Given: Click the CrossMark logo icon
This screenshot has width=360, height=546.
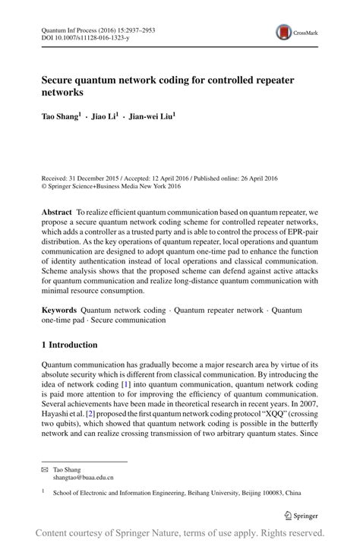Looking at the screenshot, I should (x=285, y=31).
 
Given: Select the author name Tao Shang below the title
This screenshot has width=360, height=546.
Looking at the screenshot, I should (x=58, y=118).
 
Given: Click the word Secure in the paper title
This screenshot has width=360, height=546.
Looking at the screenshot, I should (x=62, y=80).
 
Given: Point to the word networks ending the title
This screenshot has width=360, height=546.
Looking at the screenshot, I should (x=62, y=93).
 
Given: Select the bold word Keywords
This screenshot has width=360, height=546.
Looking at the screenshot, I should (x=59, y=310).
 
